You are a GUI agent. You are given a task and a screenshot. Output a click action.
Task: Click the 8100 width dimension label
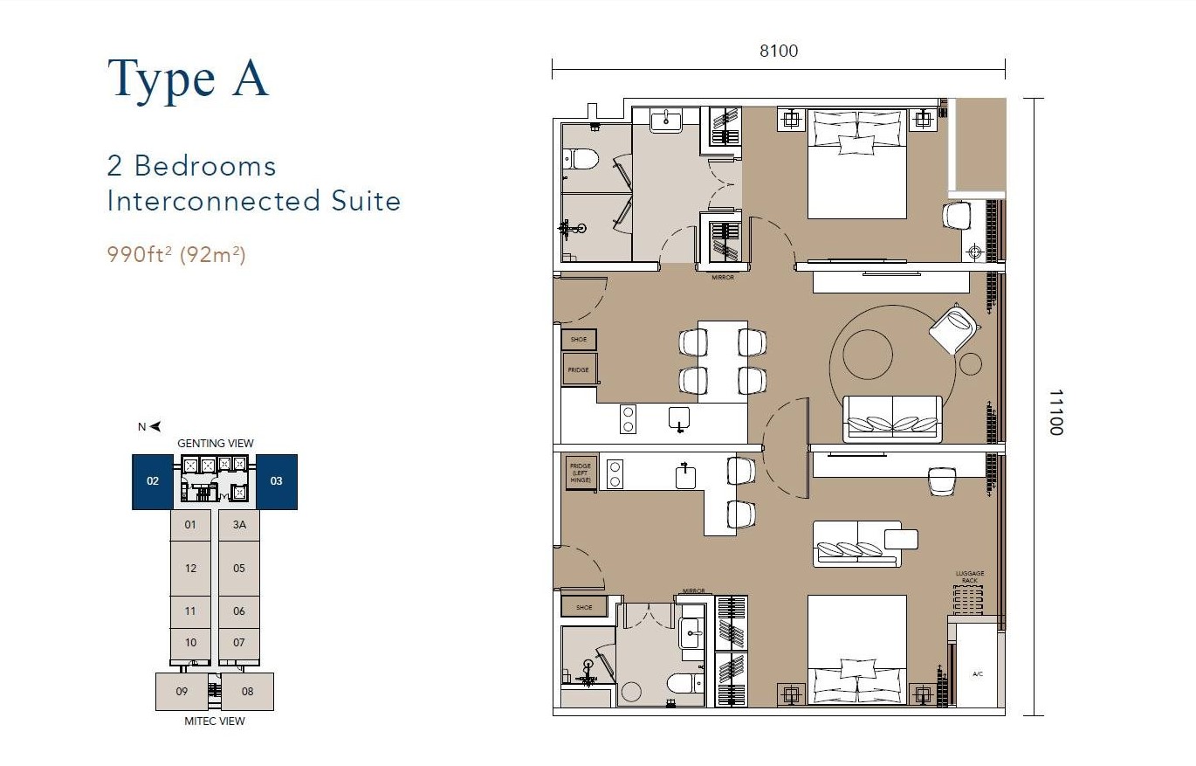point(778,51)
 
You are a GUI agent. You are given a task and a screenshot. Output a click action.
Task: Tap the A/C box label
point(977,673)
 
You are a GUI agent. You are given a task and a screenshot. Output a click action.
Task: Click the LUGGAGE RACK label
point(969,577)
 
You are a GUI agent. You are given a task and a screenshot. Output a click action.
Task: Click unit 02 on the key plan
point(153,480)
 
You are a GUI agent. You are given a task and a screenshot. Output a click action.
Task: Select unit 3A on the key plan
point(239,525)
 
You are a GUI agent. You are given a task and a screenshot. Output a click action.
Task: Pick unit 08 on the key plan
point(247,691)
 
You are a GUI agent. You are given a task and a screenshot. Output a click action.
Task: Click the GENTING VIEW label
point(215,443)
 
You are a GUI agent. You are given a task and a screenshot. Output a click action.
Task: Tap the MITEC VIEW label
point(215,721)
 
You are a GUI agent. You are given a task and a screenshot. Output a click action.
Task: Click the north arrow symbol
point(155,426)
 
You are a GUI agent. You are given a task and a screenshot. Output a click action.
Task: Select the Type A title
point(188,78)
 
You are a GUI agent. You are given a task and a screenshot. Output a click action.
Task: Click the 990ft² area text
point(140,255)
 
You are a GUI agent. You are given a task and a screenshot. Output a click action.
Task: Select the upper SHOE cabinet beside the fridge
point(579,339)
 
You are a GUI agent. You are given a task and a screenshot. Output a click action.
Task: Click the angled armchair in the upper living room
point(953,328)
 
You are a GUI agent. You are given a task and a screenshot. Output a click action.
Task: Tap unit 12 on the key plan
point(190,568)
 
